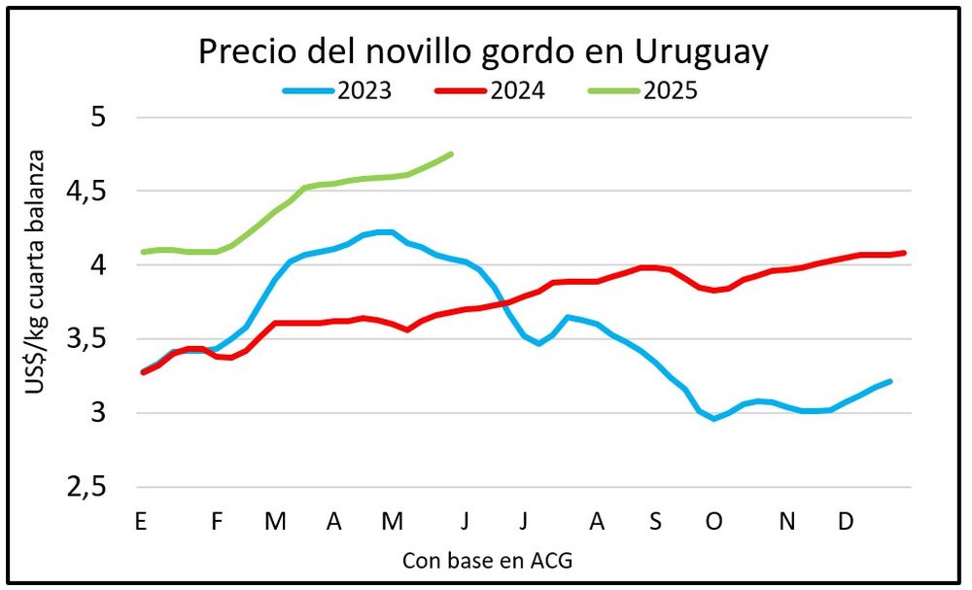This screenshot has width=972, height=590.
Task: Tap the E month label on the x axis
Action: click(140, 523)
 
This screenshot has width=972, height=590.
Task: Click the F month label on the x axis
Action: click(217, 523)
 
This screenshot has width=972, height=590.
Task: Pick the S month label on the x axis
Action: click(655, 523)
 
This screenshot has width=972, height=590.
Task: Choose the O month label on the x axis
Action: click(714, 523)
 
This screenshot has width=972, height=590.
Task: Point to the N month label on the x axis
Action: click(787, 523)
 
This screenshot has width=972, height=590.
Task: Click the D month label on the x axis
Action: click(846, 523)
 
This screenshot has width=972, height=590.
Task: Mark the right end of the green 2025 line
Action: click(452, 154)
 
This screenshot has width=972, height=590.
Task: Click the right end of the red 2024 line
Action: click(905, 253)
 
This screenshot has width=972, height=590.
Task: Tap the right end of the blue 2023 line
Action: click(891, 381)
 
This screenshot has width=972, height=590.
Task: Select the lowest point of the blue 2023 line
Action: click(714, 419)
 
